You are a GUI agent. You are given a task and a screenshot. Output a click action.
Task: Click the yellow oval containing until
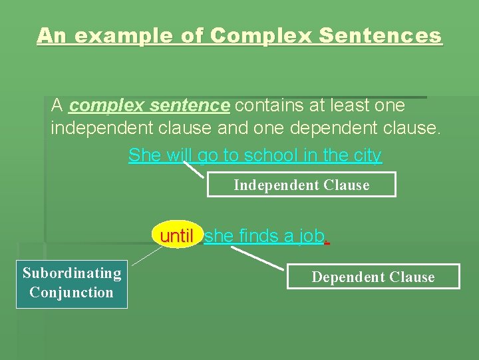click(x=177, y=235)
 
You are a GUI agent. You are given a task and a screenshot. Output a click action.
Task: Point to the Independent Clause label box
click(x=301, y=185)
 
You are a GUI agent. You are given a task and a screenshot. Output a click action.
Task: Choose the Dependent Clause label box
click(x=373, y=277)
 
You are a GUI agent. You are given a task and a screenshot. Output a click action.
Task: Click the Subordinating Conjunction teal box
click(x=72, y=283)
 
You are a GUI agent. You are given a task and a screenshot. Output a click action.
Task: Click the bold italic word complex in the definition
click(x=107, y=105)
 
